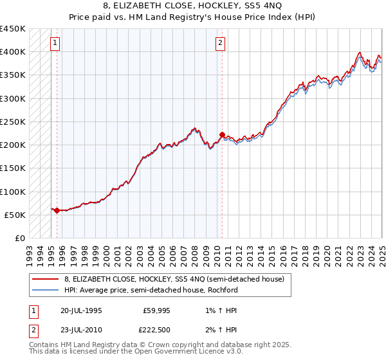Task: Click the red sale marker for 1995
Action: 57,210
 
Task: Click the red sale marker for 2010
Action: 222,134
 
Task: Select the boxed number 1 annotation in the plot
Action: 55,44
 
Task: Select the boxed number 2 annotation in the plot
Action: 221,44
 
